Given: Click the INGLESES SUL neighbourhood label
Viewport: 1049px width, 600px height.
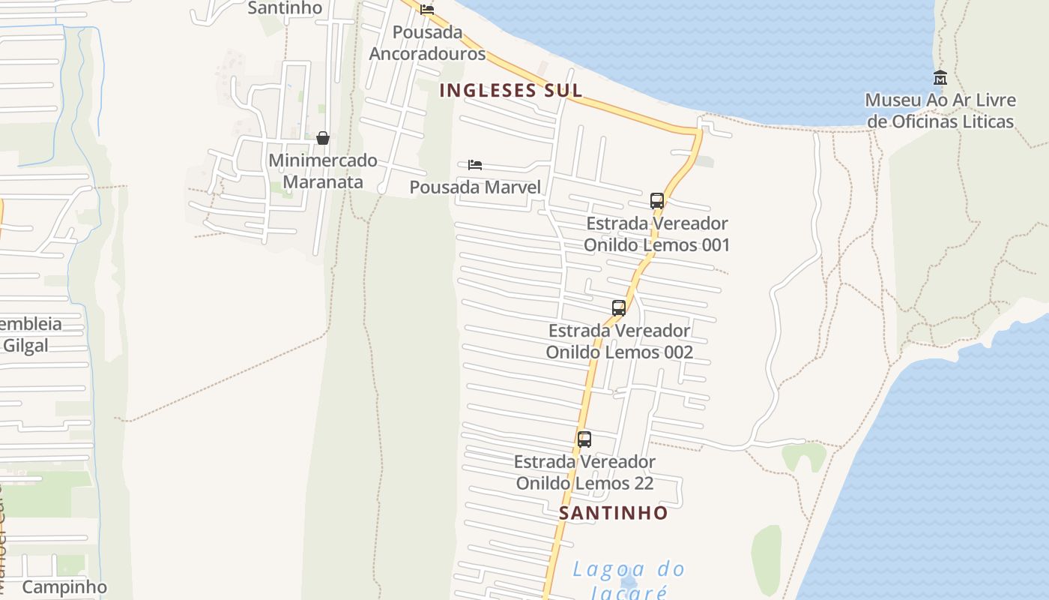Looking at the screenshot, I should [x=510, y=91].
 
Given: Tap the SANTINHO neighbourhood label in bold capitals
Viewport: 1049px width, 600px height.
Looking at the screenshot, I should [x=613, y=513].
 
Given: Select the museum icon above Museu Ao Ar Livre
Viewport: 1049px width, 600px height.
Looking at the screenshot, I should [x=940, y=77].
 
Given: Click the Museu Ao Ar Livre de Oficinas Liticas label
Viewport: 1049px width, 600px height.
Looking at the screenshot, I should [x=940, y=111].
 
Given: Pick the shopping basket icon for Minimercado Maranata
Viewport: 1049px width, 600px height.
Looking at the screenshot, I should [x=323, y=138].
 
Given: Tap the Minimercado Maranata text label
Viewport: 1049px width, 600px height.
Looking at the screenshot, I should [x=323, y=171].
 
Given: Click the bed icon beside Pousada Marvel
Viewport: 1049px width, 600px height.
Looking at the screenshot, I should [x=474, y=165].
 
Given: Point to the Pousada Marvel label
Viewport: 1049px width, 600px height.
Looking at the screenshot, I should [x=475, y=187].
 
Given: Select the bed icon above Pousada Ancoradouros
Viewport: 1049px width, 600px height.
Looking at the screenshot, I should [x=427, y=10].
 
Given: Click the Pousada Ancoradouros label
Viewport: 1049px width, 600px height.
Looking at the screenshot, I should [x=427, y=43].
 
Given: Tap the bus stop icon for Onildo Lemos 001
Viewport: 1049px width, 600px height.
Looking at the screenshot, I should [x=657, y=200].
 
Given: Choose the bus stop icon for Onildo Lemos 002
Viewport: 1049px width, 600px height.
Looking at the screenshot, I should [x=619, y=307].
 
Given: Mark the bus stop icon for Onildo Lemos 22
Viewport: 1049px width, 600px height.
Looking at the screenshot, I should [x=584, y=439].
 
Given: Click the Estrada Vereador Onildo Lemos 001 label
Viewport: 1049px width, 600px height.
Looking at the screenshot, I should [x=656, y=234].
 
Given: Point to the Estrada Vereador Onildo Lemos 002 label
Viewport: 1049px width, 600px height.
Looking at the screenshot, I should [x=619, y=341].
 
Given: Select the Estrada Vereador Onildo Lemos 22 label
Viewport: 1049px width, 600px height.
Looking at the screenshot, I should [x=584, y=472].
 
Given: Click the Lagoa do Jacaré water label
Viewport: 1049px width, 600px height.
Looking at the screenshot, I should [x=629, y=580].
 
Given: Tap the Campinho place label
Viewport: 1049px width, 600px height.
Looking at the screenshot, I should [x=64, y=586].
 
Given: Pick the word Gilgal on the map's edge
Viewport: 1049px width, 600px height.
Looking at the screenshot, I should [x=25, y=346].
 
